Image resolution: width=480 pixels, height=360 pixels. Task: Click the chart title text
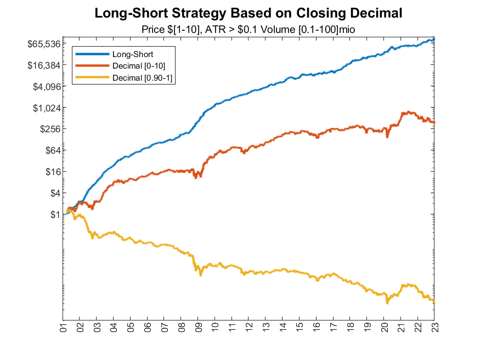pos(249,13)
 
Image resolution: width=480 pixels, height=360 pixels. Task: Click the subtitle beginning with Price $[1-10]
pos(249,29)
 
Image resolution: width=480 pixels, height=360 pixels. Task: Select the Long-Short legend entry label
pos(132,54)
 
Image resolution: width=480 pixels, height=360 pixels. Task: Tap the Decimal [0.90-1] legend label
pos(141,78)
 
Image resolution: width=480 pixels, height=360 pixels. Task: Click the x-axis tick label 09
pos(198,329)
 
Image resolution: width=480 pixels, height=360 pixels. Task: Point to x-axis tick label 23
pos(434,329)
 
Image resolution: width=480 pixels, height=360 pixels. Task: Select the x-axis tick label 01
pos(63,329)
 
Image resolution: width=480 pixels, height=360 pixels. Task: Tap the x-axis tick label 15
pos(300,329)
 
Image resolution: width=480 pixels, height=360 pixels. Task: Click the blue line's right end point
pos(434,39)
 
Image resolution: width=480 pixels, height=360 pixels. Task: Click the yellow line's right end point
pos(434,301)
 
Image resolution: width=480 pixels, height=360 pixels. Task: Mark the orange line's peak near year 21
pos(409,112)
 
